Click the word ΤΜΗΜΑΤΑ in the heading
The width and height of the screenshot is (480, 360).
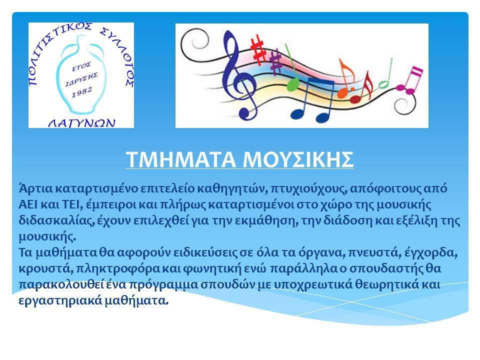point(180,159)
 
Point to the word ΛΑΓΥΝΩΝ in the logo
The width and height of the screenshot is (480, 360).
point(82,123)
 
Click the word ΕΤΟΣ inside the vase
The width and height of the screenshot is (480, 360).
point(81,66)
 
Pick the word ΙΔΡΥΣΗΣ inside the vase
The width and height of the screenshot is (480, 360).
point(81,79)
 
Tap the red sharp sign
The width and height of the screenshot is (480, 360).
point(258,49)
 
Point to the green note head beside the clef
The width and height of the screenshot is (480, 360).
point(293,84)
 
